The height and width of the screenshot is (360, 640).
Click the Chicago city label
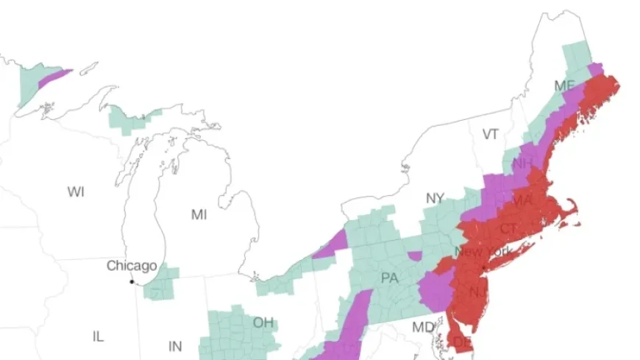[132, 266]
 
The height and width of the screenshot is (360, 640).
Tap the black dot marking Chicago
[132, 281]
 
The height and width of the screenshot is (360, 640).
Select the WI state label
[76, 192]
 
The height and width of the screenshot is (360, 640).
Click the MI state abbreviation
[199, 215]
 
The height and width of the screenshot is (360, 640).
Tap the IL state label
[98, 336]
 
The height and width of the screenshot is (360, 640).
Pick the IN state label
[175, 346]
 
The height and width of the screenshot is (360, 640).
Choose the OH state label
[263, 322]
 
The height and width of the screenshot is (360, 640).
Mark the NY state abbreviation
[435, 198]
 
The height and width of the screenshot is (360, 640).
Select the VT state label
[491, 134]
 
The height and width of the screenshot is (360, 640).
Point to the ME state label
[564, 86]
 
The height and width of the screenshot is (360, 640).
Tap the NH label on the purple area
[523, 163]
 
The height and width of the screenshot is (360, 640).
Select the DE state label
[462, 342]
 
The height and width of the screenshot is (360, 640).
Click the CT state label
[508, 229]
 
